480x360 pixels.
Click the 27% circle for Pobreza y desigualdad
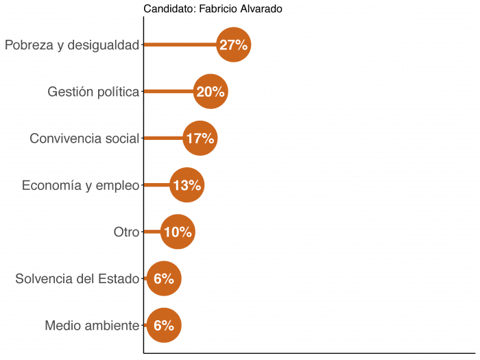[233, 45]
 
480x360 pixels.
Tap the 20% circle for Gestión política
[211, 92]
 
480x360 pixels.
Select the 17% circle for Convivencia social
[200, 139]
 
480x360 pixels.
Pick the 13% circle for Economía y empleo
[187, 185]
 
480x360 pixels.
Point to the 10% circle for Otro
[178, 232]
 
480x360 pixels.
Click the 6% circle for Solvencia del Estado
[164, 278]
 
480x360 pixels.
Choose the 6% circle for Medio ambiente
[164, 325]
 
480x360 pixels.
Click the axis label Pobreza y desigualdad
[72, 45]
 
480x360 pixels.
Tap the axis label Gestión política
[93, 92]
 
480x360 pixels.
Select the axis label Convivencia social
[84, 139]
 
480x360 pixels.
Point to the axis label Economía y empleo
[80, 185]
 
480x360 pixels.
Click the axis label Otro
[126, 232]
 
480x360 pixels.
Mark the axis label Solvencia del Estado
[77, 278]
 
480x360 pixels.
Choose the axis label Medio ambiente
[92, 325]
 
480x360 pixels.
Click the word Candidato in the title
[167, 9]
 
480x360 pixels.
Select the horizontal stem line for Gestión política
[168, 92]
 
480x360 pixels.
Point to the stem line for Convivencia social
[163, 139]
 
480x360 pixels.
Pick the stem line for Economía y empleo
[156, 185]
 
